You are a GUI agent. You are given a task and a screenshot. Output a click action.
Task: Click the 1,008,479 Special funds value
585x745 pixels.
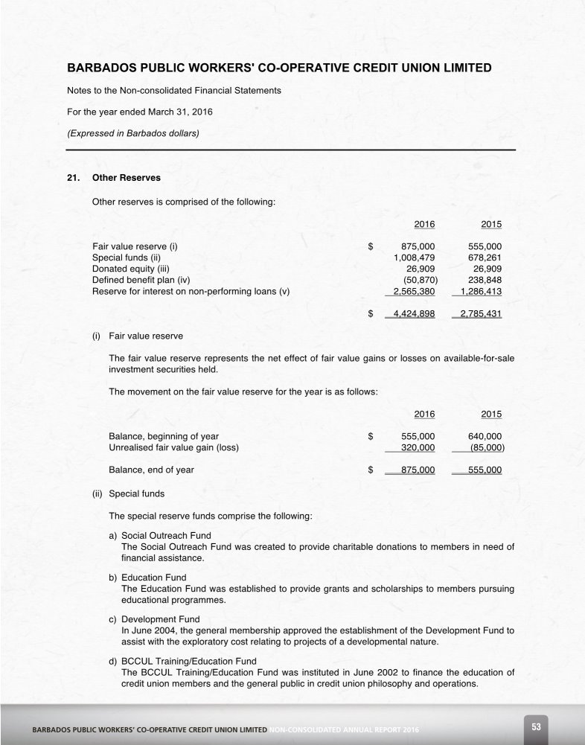point(415,258)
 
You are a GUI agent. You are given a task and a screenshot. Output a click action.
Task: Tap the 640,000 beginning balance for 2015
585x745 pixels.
point(485,436)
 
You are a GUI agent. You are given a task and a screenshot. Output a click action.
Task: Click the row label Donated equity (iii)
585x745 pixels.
point(131,269)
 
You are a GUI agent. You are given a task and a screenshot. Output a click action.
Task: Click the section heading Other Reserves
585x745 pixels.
point(126,179)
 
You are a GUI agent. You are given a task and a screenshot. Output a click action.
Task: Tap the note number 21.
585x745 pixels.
point(73,179)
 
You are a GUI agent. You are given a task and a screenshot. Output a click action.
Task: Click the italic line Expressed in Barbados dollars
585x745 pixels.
point(133,134)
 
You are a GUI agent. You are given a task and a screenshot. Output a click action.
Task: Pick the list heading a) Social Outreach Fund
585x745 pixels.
point(160,535)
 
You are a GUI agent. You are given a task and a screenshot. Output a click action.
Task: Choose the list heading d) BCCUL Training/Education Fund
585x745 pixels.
point(183,661)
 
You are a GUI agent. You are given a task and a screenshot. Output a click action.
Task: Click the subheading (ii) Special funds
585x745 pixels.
point(129,493)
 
